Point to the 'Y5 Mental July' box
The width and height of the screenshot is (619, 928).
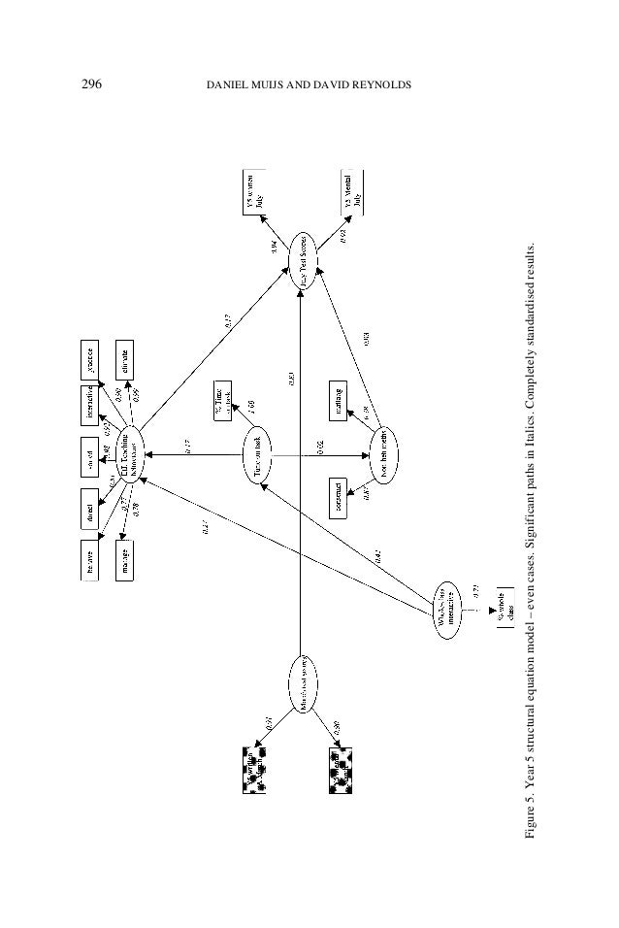[352, 190]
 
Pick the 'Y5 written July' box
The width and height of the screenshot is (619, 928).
[255, 190]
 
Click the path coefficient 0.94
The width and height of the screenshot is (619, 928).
[276, 249]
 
